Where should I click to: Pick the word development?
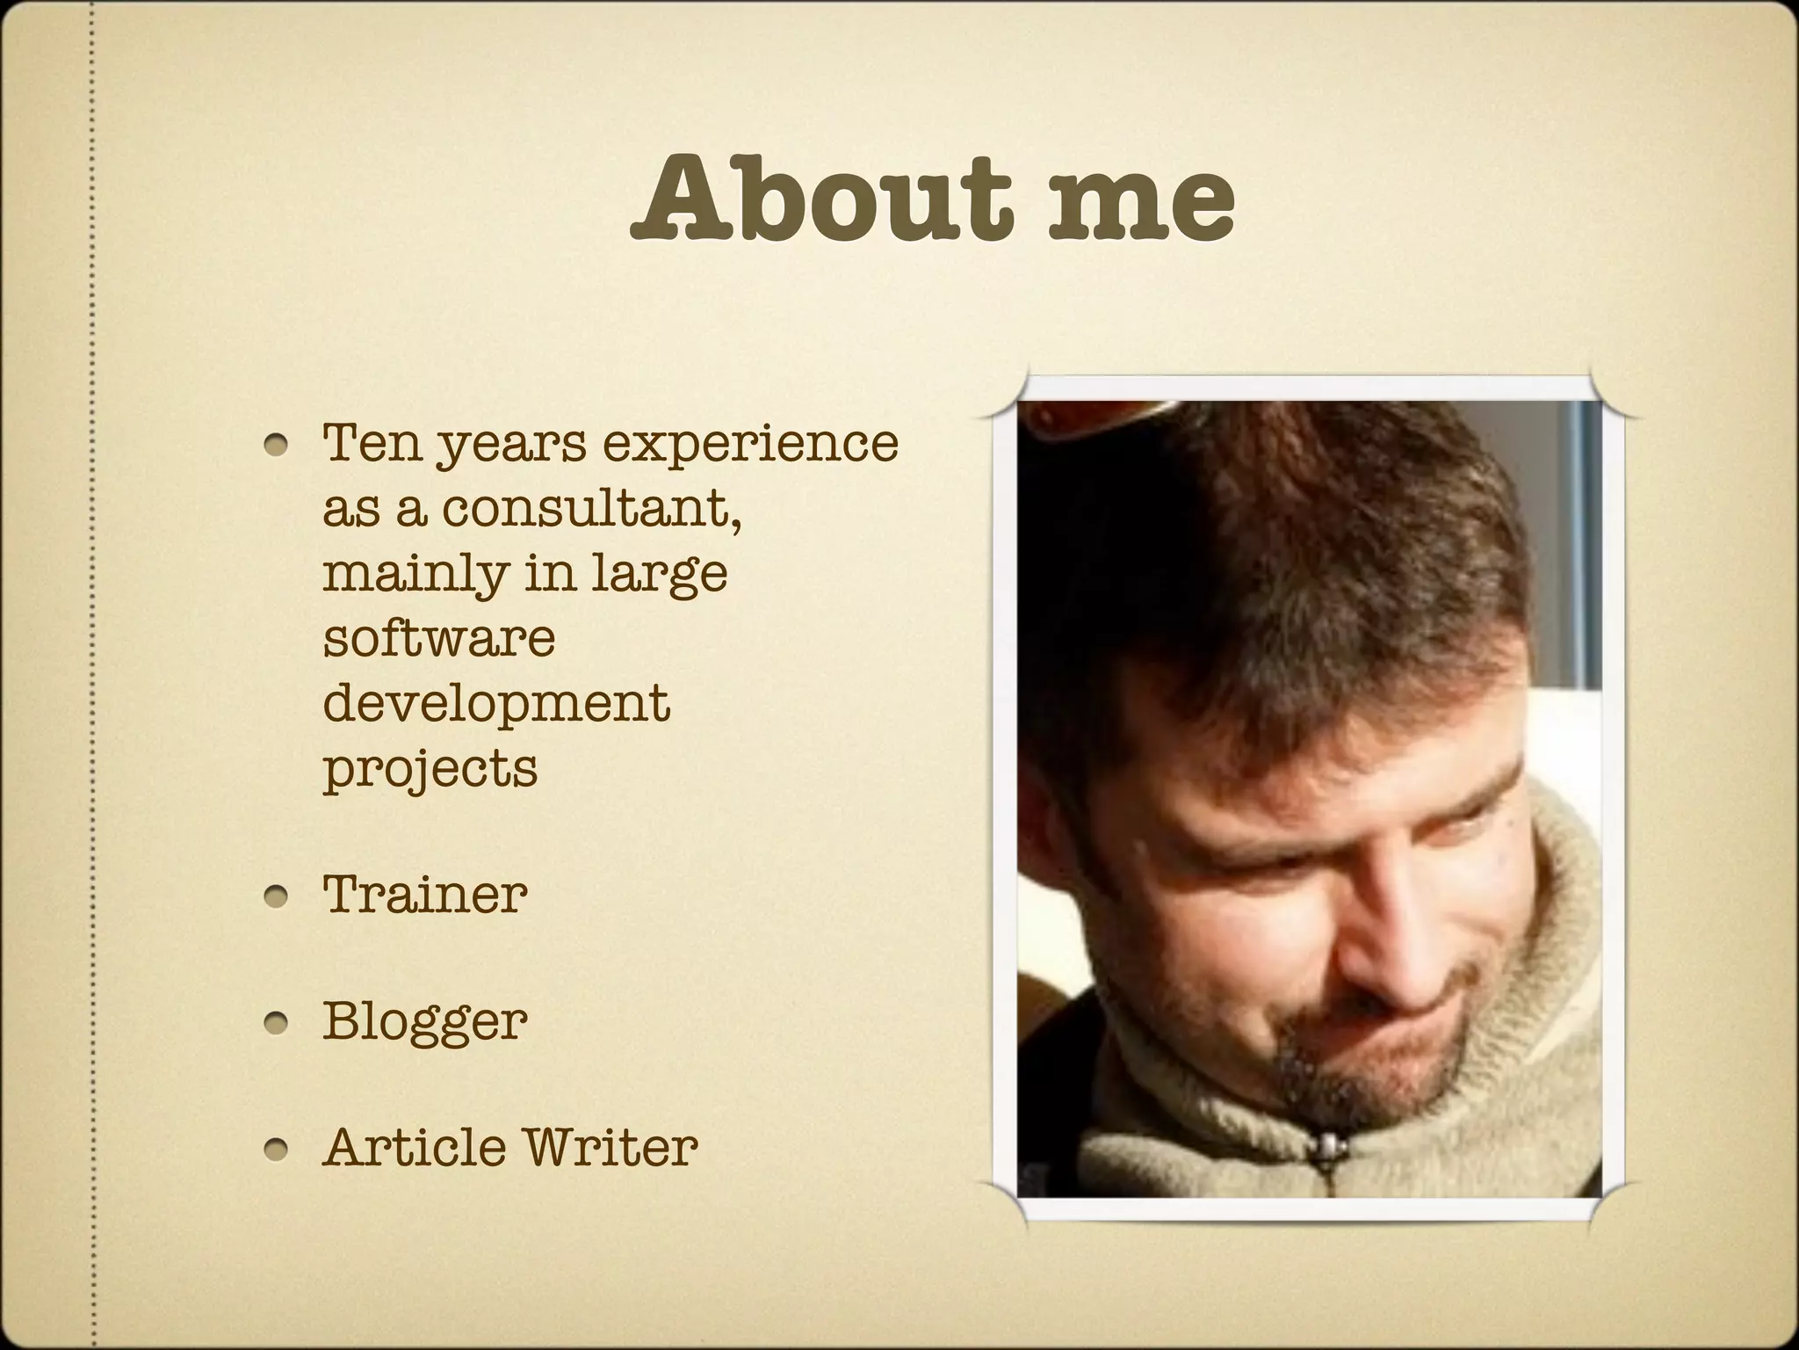click(x=496, y=703)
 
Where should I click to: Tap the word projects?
click(x=430, y=769)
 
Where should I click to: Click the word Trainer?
click(x=425, y=894)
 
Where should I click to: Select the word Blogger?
click(x=425, y=1022)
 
